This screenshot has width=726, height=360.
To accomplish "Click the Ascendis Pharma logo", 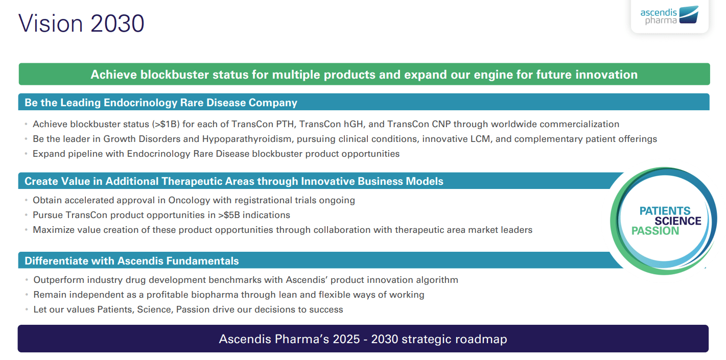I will coord(669,15).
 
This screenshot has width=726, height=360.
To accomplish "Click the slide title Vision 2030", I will coord(81,23).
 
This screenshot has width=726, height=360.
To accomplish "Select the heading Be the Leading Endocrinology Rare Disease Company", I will coord(161,103).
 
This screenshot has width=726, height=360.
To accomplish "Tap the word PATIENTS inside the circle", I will coord(665,210).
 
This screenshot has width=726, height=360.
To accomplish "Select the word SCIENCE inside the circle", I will coord(677,221).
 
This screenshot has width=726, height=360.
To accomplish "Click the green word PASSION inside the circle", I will coord(655,231).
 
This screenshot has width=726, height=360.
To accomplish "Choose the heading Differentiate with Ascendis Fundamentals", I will coord(132,261).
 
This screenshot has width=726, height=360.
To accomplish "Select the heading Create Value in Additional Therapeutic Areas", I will coord(234,181).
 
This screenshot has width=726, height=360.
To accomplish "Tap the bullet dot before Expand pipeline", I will coord(26,154).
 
